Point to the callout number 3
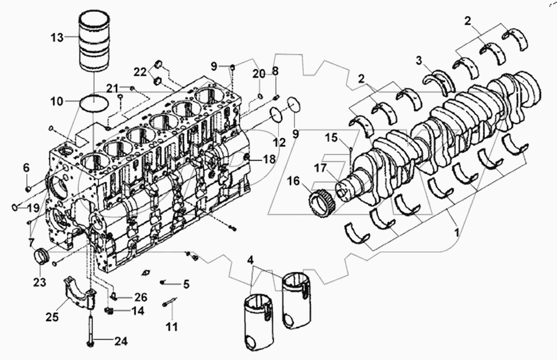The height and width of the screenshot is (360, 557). coord(418,60)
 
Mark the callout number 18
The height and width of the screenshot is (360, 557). coord(269,159)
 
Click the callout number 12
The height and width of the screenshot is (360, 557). coord(278,142)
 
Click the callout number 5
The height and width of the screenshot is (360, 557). coord(186,283)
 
